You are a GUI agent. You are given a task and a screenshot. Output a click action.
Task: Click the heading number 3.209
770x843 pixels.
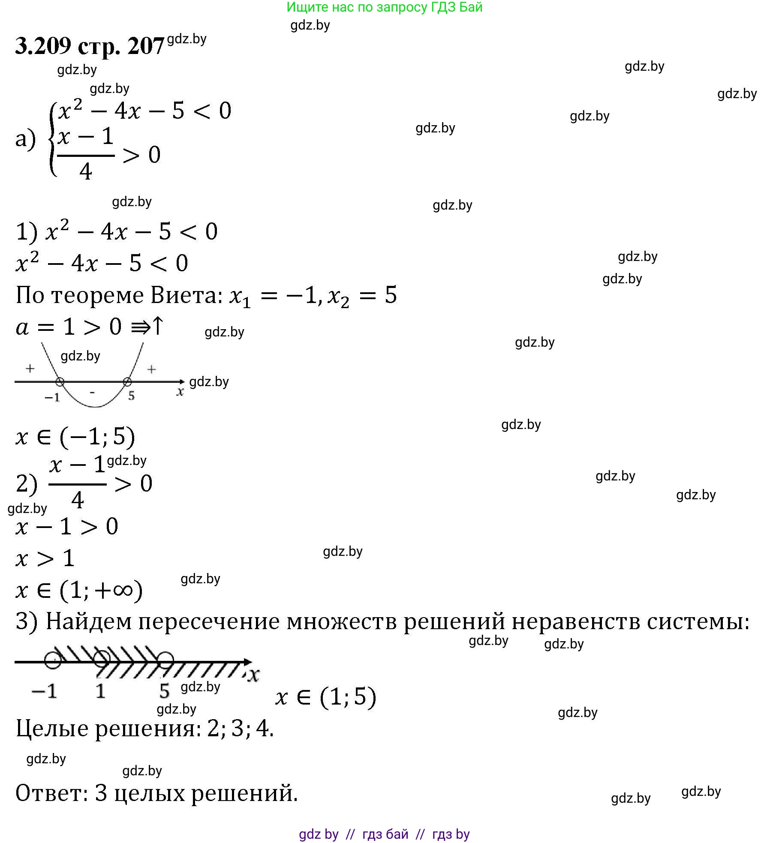[43, 45]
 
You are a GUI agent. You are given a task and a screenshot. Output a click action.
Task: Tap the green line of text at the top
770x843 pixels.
[384, 7]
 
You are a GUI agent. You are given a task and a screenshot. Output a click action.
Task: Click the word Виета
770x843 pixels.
[187, 295]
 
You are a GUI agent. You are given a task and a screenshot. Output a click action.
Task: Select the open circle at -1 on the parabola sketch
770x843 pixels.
[60, 381]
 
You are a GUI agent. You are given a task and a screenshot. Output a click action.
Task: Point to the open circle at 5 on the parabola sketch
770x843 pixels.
[127, 381]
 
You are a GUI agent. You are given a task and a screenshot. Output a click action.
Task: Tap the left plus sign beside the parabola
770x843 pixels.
[30, 368]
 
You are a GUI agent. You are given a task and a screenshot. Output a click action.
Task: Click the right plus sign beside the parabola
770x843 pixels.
[151, 369]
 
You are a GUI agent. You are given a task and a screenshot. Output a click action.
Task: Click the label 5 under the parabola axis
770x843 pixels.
[131, 396]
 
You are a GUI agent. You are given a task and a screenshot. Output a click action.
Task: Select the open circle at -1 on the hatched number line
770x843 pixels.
[53, 660]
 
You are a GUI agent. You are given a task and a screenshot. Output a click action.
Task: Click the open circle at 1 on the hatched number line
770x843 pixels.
[102, 659]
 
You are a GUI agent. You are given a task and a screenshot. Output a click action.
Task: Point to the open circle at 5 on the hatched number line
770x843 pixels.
[165, 660]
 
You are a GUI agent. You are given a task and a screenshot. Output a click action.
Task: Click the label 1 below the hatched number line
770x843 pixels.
[100, 691]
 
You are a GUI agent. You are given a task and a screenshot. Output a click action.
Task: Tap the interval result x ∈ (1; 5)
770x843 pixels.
[326, 696]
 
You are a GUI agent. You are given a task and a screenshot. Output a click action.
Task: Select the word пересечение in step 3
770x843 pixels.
[209, 621]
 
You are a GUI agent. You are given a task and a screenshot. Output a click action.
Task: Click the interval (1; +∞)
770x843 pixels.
[101, 591]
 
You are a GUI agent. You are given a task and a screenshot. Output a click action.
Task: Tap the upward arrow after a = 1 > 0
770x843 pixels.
[158, 326]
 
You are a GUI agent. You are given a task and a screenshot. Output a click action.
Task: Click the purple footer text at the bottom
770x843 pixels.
[384, 834]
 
